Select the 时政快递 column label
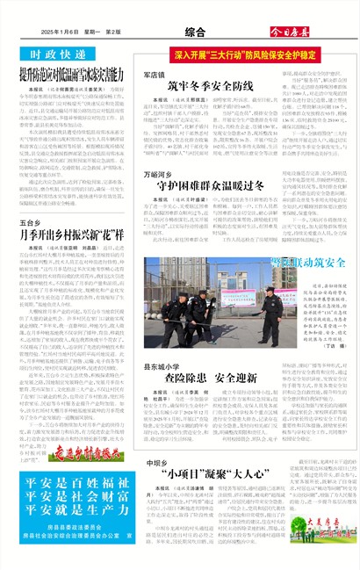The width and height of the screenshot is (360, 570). tap(44, 54)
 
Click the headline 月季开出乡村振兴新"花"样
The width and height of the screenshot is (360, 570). tap(70, 235)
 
